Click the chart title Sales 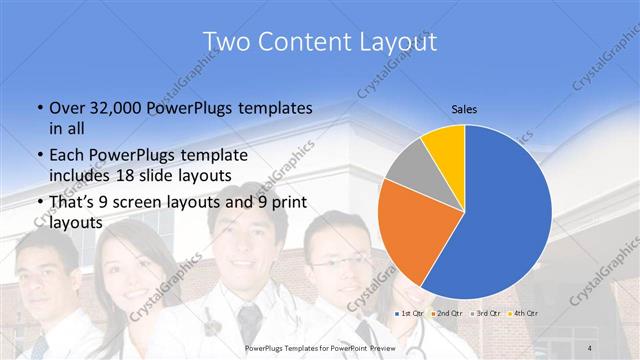coord(463,107)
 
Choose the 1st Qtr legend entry coord(409,314)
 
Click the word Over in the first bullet coord(66,107)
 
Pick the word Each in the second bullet coord(66,157)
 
